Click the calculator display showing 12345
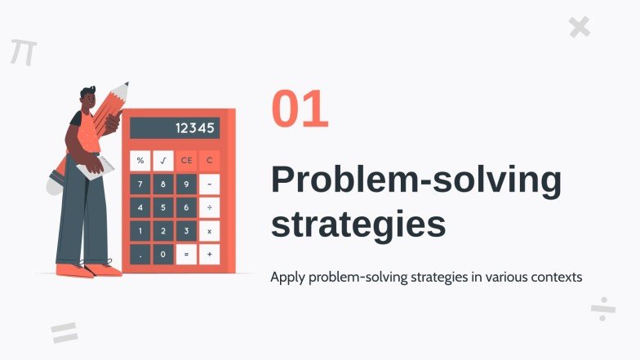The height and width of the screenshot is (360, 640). pyautogui.click(x=175, y=128)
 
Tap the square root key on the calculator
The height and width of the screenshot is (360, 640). pyautogui.click(x=163, y=161)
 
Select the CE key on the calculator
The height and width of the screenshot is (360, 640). pyautogui.click(x=187, y=161)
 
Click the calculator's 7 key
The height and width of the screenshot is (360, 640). pyautogui.click(x=140, y=184)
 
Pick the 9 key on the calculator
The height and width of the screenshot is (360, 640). pyautogui.click(x=187, y=184)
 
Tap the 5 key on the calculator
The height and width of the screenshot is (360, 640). pyautogui.click(x=163, y=208)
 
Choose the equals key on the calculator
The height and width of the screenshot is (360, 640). pyautogui.click(x=187, y=255)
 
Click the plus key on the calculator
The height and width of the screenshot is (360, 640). pyautogui.click(x=210, y=255)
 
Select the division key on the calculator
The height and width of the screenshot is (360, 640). pyautogui.click(x=210, y=208)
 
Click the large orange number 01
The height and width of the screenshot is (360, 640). pyautogui.click(x=300, y=110)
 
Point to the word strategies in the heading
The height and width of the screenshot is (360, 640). pyautogui.click(x=358, y=223)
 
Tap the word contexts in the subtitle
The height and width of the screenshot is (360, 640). pyautogui.click(x=554, y=277)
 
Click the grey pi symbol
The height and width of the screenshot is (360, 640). pyautogui.click(x=23, y=51)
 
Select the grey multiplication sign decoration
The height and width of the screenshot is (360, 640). pyautogui.click(x=579, y=28)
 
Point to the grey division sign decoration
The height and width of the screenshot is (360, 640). pyautogui.click(x=602, y=309)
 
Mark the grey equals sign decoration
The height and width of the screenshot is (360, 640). pyautogui.click(x=64, y=332)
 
